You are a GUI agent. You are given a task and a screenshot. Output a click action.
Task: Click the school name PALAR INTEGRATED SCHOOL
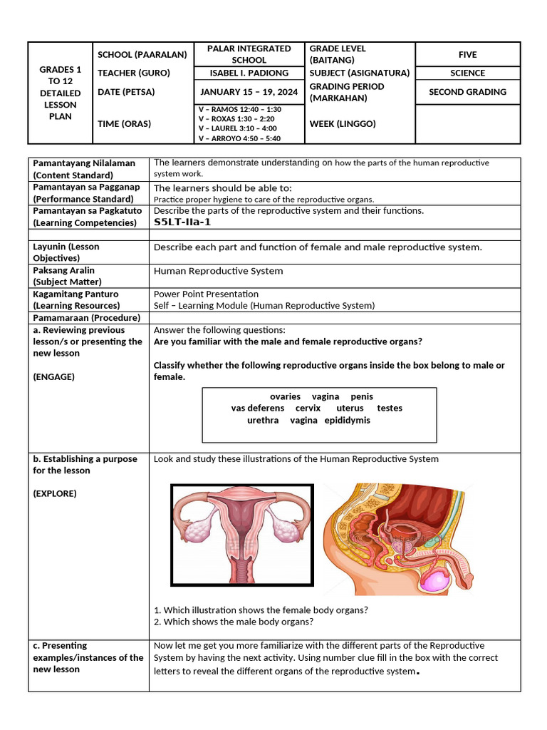(x=249, y=54)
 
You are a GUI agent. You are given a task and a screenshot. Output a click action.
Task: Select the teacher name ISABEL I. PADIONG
(x=249, y=73)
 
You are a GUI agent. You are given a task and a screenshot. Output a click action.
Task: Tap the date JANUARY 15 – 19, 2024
(x=249, y=92)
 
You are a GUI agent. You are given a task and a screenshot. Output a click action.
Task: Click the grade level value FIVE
(x=467, y=55)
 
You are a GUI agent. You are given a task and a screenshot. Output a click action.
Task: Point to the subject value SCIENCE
(x=467, y=73)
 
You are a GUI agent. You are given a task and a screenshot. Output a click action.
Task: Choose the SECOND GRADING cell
(x=467, y=92)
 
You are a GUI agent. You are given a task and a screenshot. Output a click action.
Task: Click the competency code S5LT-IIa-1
(x=182, y=222)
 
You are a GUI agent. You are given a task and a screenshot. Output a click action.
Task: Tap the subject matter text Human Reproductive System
(x=218, y=271)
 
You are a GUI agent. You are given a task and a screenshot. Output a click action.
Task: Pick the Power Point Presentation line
(x=206, y=294)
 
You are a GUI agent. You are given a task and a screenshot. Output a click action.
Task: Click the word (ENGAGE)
(x=53, y=377)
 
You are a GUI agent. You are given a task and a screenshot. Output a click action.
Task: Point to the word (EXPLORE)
(x=55, y=493)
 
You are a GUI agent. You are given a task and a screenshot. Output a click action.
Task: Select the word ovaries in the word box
(x=285, y=396)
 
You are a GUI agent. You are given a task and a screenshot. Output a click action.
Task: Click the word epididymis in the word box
(x=347, y=421)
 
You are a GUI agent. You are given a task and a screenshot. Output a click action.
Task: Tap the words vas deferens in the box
(x=257, y=408)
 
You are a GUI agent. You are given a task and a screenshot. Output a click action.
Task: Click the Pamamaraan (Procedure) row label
(x=86, y=318)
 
